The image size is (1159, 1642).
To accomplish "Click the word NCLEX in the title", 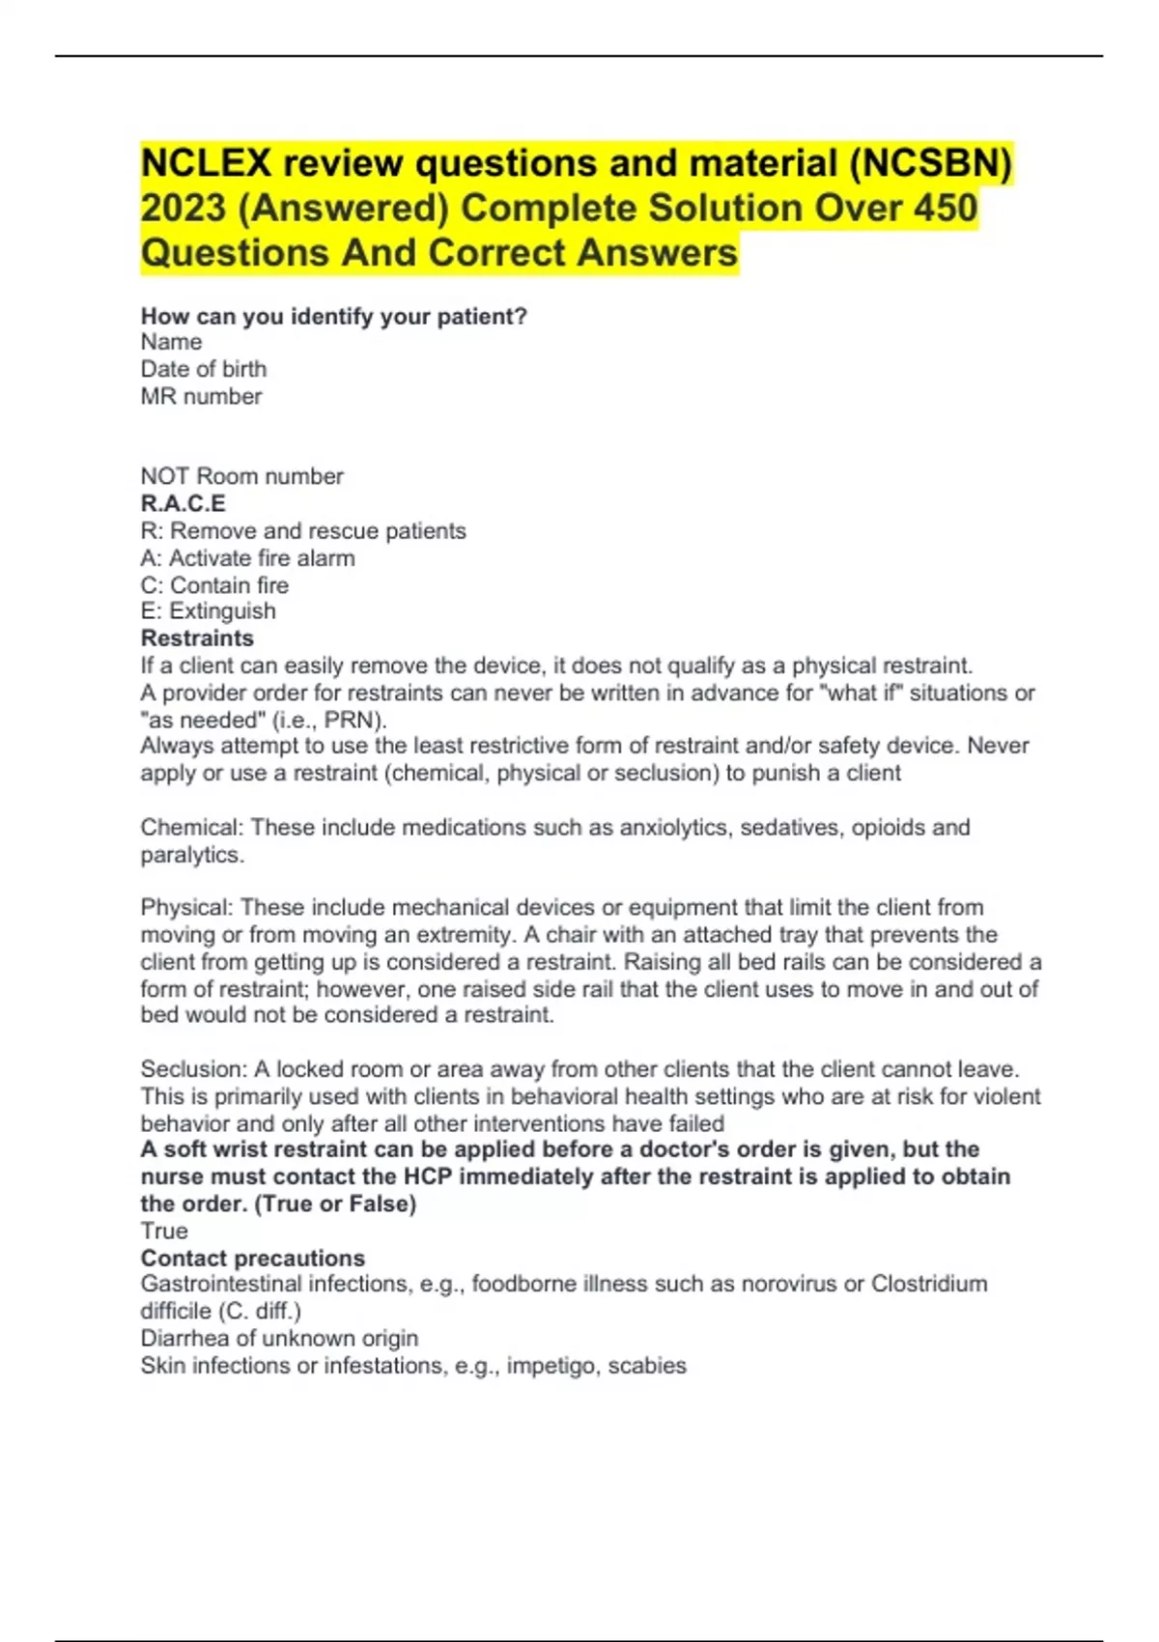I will coord(206,163).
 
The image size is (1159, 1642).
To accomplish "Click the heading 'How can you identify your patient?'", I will coord(333,316).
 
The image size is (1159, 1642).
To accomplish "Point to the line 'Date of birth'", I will coord(203,369).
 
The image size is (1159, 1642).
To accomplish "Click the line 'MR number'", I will coord(201,396).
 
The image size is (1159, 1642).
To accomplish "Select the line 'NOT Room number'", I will coord(241,476).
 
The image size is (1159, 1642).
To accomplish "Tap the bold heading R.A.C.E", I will coord(184,503).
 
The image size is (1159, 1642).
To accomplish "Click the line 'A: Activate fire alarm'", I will coord(247,558).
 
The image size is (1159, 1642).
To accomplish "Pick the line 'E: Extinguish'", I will coord(208,611).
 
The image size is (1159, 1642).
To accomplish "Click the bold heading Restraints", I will coord(197,638).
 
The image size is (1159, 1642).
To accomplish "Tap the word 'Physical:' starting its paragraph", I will coord(186,908).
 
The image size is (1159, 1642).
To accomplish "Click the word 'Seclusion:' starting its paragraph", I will coord(193,1069).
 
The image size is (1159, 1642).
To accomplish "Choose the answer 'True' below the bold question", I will coord(164,1231).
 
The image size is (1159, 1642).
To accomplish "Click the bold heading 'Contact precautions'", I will coord(252,1258).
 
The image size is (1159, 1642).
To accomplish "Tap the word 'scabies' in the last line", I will coord(648,1366).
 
